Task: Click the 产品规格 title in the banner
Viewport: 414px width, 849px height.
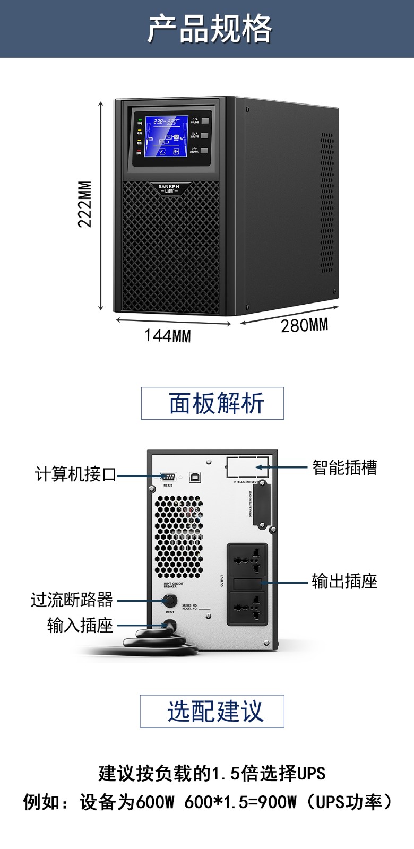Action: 210,29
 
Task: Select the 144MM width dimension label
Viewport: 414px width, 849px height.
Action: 168,336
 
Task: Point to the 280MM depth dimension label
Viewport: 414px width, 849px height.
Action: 304,325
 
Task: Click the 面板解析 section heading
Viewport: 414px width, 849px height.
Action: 212,403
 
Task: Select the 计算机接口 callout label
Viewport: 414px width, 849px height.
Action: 75,474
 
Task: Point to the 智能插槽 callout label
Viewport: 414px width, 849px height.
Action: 344,467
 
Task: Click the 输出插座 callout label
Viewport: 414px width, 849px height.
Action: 344,582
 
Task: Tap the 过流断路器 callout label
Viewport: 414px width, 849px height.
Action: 72,600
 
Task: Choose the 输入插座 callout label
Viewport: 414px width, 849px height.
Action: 80,626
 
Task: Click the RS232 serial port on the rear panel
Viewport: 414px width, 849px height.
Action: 168,477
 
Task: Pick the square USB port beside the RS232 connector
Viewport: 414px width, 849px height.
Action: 195,477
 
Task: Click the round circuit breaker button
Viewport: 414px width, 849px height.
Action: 170,601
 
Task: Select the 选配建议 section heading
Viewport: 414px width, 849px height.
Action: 212,711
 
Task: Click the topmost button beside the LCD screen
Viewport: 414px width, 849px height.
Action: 204,121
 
